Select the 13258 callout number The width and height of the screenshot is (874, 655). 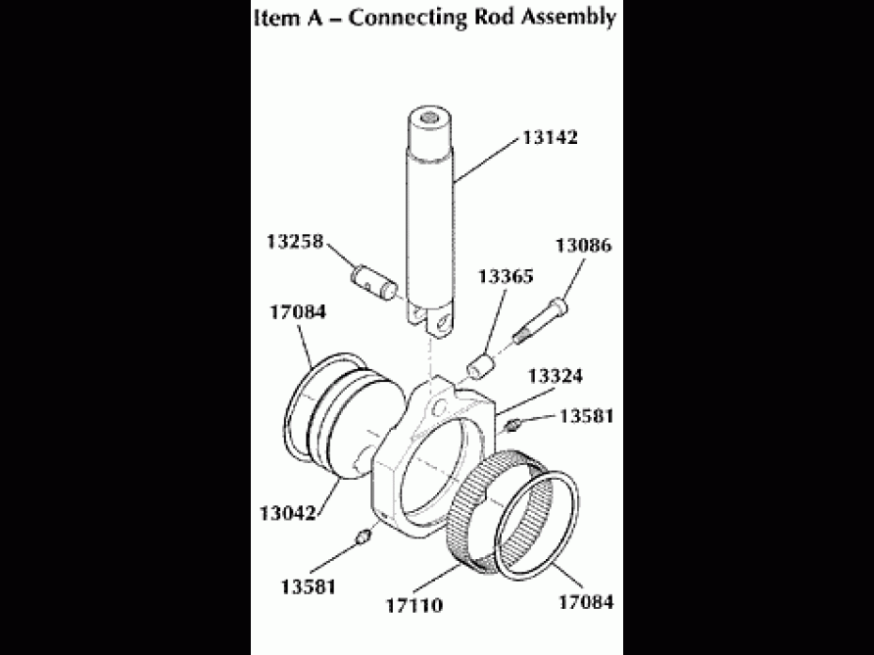(x=296, y=241)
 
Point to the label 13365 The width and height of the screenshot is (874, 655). (x=505, y=277)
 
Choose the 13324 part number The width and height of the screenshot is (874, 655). (x=558, y=376)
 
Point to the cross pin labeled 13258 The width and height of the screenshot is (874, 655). (x=372, y=281)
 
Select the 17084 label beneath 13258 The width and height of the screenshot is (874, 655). (x=298, y=312)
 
